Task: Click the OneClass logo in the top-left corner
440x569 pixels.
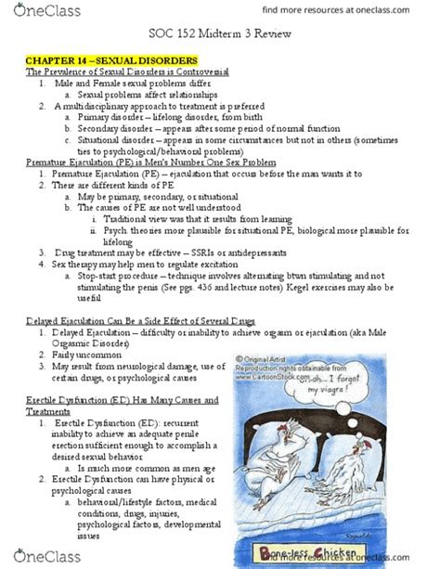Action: point(41,13)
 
